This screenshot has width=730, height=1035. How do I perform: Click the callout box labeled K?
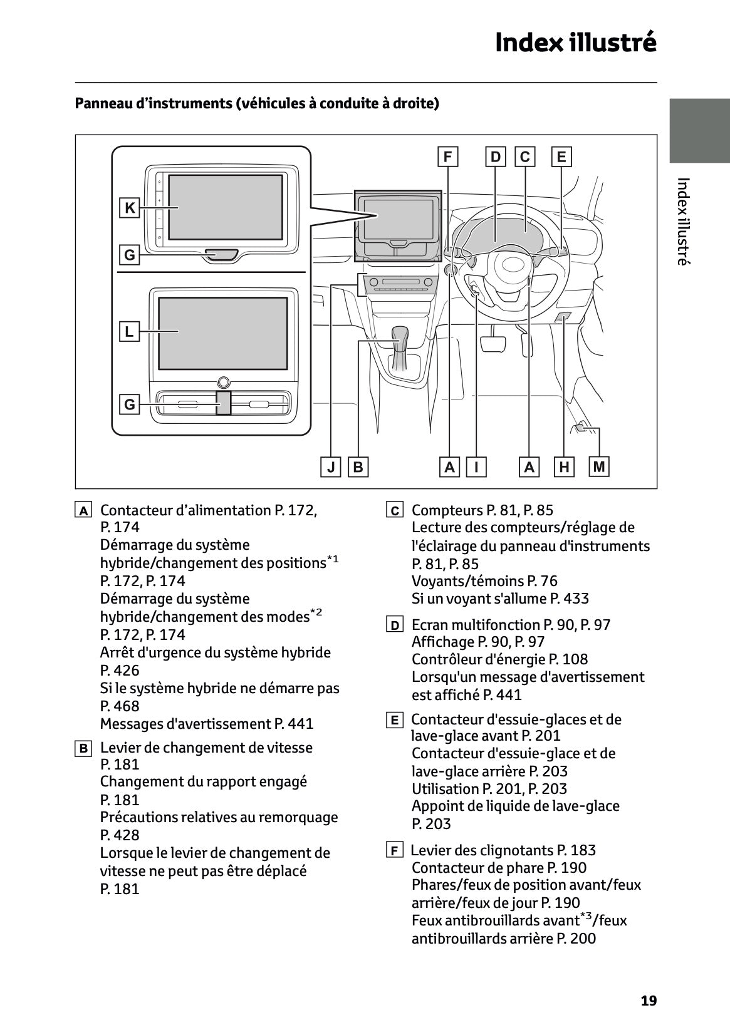(130, 208)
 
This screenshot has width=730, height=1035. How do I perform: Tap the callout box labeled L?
(129, 331)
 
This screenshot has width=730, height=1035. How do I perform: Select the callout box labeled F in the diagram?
(447, 157)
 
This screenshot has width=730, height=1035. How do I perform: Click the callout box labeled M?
(599, 466)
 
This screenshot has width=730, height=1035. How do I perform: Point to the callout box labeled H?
(564, 467)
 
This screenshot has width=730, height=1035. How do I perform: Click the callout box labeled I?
(477, 467)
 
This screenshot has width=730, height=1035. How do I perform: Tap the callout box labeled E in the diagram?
(561, 157)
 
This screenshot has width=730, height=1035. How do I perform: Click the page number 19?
(649, 1001)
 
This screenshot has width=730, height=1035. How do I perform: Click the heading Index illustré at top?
(575, 43)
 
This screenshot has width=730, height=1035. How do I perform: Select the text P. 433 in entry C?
(570, 599)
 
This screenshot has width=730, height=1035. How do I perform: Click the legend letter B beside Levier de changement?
(83, 748)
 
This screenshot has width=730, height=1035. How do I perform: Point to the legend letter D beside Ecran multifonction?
(394, 626)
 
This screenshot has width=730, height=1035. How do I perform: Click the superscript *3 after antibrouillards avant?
(586, 917)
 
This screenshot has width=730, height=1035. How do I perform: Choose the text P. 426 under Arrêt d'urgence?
(120, 671)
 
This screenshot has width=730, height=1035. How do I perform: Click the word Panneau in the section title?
(101, 103)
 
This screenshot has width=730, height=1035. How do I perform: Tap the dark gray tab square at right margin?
(699, 130)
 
